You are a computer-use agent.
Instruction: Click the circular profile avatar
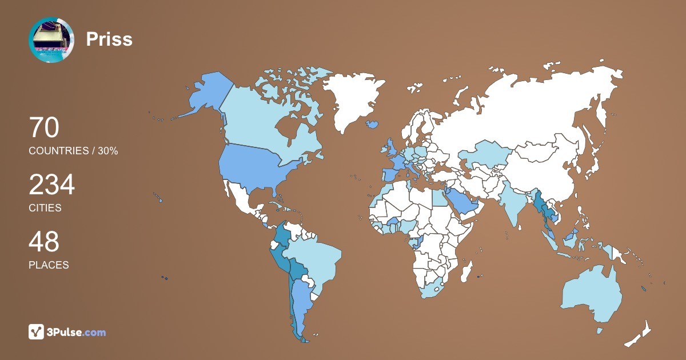pos(51,40)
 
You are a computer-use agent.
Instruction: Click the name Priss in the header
pos(109,39)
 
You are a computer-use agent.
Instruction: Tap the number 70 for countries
pos(44,127)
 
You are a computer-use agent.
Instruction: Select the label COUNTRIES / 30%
pos(73,151)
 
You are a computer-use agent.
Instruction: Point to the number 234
pos(51,185)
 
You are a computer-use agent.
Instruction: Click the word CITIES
pos(45,208)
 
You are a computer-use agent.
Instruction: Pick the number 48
pos(44,242)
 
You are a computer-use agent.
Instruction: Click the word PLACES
pos(49,265)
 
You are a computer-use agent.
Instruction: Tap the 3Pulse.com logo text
pos(77,332)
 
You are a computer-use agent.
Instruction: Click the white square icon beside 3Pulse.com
pos(37,331)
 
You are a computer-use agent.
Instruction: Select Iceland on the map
pos(372,123)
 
